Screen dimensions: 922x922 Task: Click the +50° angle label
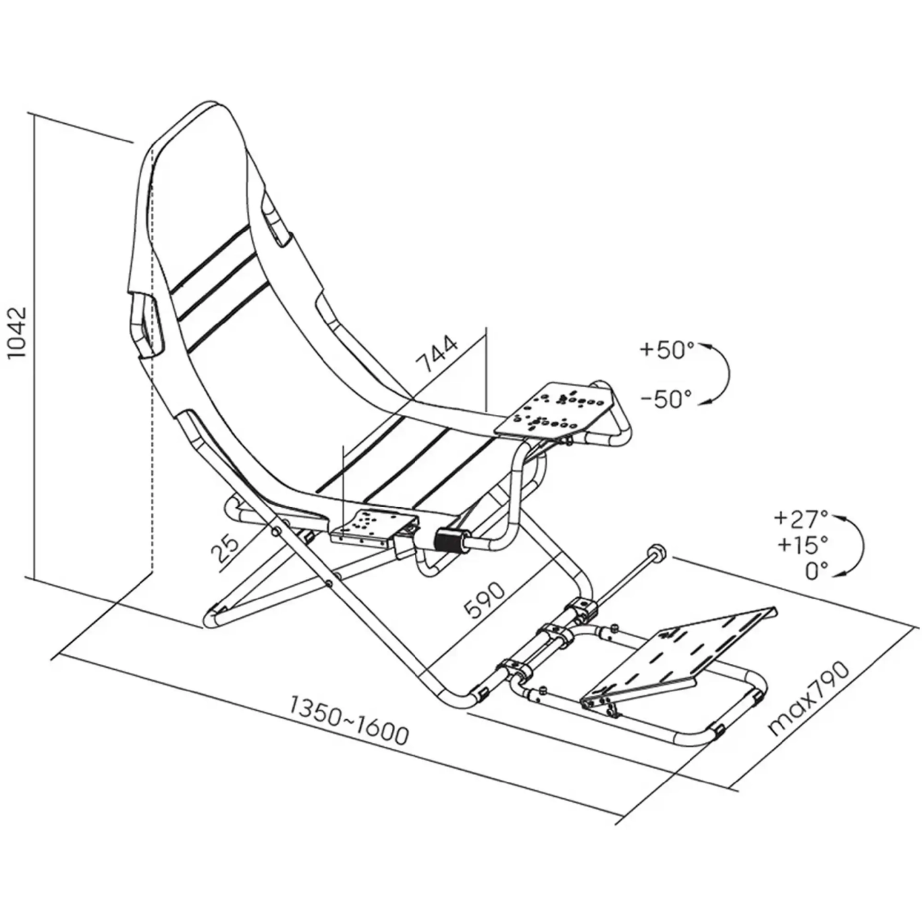point(666,349)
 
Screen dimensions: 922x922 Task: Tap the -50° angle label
point(666,398)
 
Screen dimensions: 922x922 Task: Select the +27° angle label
point(800,519)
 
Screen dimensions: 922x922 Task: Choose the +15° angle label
point(802,545)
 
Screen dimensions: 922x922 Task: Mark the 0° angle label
point(817,571)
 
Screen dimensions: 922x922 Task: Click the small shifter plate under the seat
point(369,528)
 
